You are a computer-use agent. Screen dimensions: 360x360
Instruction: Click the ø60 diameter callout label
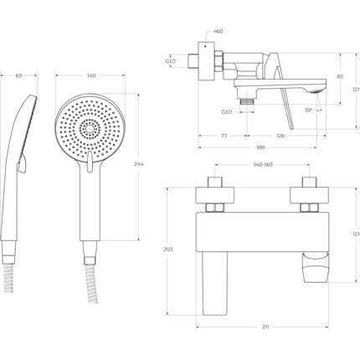click(x=218, y=31)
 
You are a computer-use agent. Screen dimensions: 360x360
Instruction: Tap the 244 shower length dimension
click(x=139, y=164)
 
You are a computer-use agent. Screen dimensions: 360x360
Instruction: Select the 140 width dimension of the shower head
click(x=91, y=75)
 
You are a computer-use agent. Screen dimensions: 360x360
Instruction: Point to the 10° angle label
click(x=308, y=111)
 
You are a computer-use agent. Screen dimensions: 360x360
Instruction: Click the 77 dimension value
click(x=224, y=136)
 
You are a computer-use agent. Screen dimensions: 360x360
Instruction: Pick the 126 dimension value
click(x=280, y=136)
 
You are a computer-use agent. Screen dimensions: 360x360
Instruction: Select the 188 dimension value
click(x=260, y=147)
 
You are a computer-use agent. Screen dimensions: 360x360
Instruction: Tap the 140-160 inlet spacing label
click(x=263, y=165)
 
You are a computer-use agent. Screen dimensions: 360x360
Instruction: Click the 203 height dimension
click(x=167, y=249)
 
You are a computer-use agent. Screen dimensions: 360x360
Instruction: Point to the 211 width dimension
click(x=265, y=327)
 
